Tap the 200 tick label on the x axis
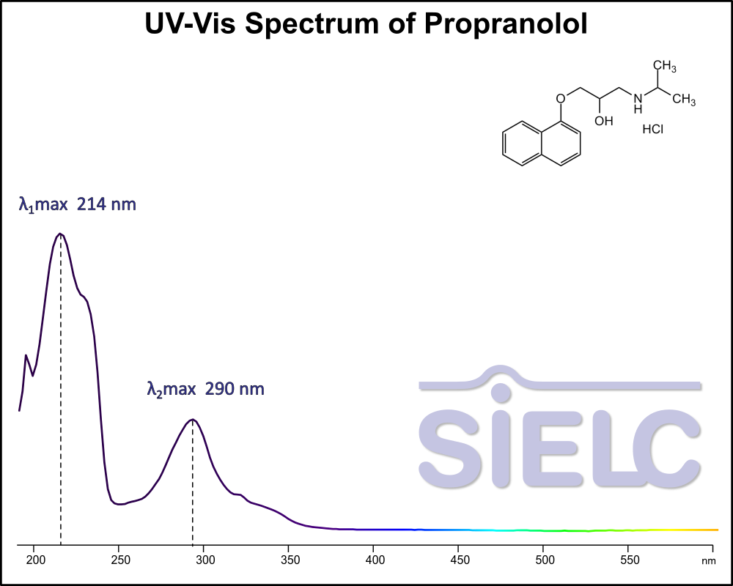coord(35,560)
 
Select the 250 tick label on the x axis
coord(120,560)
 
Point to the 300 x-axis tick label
coord(205,560)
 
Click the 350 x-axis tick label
coord(290,560)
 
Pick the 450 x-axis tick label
coord(459,560)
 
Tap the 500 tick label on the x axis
coord(544,560)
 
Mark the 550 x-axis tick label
coord(628,560)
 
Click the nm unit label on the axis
coord(708,561)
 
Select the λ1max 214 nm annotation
coord(78,204)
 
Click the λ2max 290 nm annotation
coord(206,389)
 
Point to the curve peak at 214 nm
coord(61,234)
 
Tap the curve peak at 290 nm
coord(192,420)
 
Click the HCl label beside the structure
coord(652,130)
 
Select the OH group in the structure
coord(603,120)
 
